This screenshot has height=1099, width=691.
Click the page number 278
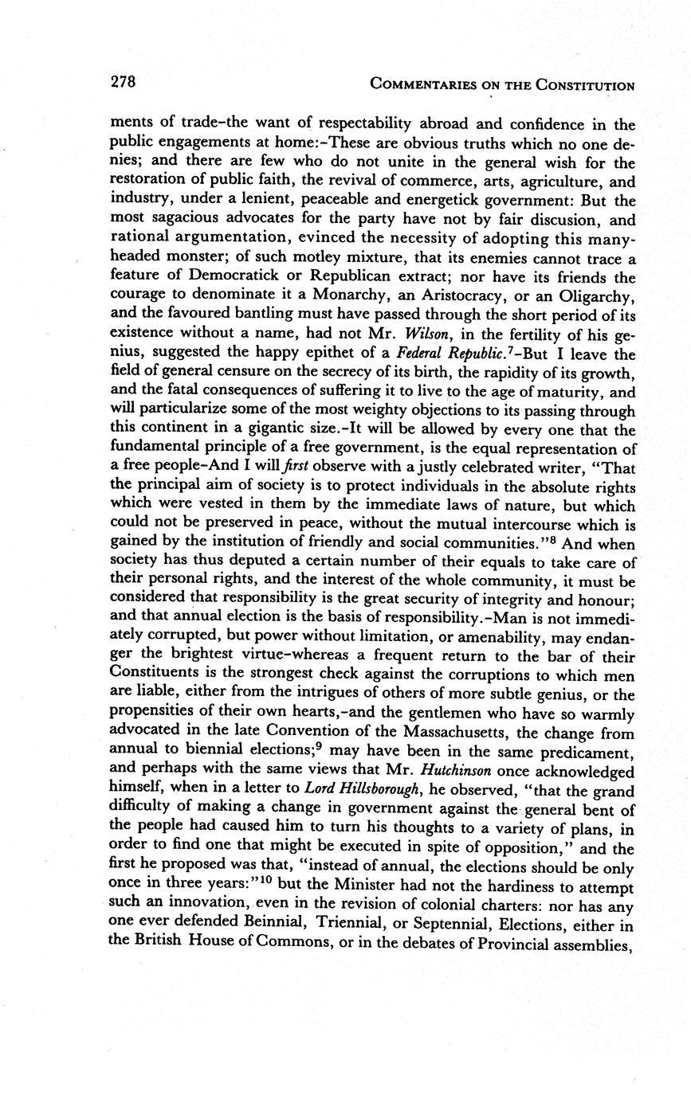(123, 81)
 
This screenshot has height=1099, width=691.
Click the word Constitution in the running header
(586, 85)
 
